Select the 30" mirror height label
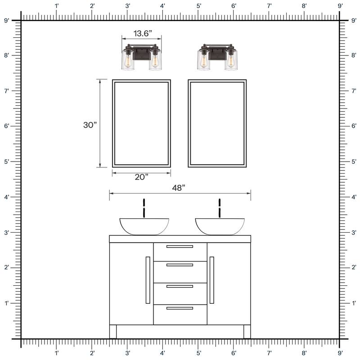90,126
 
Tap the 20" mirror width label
141,177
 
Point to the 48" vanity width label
179,188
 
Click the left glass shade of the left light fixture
127,60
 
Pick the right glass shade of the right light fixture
231,60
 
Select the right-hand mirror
217,123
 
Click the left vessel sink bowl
144,226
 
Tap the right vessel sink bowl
220,226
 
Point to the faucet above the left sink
144,208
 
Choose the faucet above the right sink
220,208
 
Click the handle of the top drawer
180,247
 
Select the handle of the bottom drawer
180,308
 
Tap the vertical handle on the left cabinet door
148,280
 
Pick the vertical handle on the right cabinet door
211,280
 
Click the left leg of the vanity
113,332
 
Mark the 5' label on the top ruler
198,6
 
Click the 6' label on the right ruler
353,126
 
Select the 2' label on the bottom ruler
92,354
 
